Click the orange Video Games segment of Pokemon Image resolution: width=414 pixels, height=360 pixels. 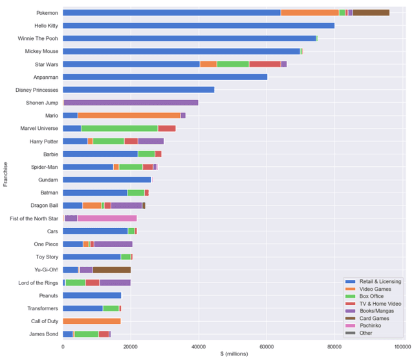coord(310,12)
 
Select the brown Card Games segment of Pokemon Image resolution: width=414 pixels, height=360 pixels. coord(371,12)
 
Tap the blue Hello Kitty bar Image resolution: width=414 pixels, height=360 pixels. coord(199,25)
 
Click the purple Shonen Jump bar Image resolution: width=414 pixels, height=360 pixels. coord(131,102)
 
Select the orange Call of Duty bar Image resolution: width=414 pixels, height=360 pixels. coord(91,321)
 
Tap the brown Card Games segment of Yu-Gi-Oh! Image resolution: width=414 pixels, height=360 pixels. coord(111,270)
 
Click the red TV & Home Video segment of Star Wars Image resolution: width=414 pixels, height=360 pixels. coord(265,64)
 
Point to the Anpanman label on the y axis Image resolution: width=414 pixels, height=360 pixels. coord(47,77)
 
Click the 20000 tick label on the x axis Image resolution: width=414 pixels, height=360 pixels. coord(131,347)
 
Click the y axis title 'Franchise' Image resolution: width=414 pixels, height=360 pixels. coord(5,174)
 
